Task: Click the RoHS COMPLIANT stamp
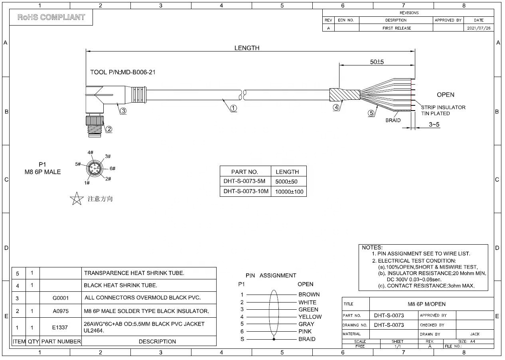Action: [51, 17]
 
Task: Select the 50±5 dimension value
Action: [377, 61]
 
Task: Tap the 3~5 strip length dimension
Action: [434, 125]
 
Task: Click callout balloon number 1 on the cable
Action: [233, 108]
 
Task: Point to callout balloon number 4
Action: [336, 107]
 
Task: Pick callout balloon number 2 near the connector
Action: [109, 129]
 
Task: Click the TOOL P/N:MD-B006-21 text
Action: [123, 72]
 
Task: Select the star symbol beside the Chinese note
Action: [77, 198]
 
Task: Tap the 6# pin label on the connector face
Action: [112, 168]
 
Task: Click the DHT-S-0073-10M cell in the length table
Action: [246, 191]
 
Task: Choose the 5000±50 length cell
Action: [286, 182]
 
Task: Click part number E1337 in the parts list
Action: [60, 327]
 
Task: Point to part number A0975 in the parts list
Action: [60, 311]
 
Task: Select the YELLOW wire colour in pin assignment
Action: [310, 316]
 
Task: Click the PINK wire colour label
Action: [305, 331]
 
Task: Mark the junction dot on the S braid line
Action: [274, 339]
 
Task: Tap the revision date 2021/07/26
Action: [479, 28]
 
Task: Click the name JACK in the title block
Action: [475, 334]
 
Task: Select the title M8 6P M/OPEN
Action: [426, 304]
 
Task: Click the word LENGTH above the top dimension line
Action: [247, 48]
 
